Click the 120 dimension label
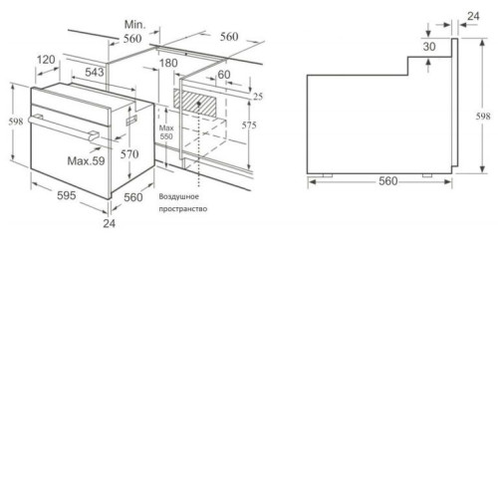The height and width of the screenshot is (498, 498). [x=46, y=60]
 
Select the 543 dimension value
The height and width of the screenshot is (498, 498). [x=95, y=72]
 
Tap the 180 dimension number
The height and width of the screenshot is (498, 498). [x=168, y=63]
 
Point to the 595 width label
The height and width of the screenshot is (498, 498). [x=67, y=195]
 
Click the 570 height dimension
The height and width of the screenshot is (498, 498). [x=129, y=154]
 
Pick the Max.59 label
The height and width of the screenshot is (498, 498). [x=86, y=161]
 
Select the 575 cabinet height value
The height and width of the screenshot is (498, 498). [x=249, y=125]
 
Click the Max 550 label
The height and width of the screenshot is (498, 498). [x=166, y=132]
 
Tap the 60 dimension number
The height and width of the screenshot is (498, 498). [x=224, y=75]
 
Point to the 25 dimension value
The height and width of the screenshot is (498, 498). [x=258, y=97]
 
